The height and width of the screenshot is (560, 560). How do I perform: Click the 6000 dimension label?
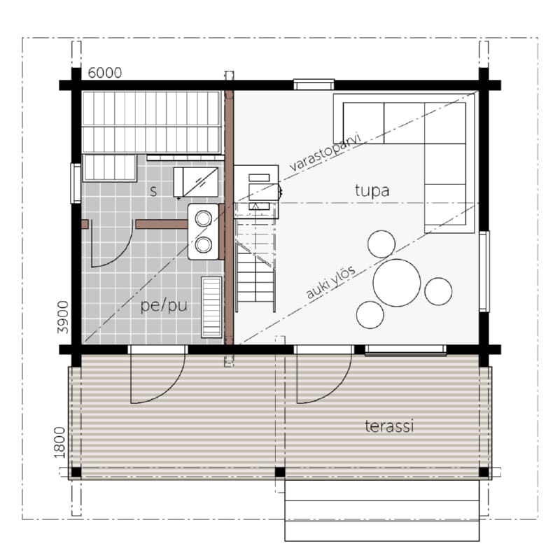point(104,73)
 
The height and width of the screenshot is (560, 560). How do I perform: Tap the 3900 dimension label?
point(63,317)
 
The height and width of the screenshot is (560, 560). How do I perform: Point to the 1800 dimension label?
point(59,442)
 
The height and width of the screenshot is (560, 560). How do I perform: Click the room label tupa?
point(372,190)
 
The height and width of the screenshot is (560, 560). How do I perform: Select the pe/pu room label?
point(164,306)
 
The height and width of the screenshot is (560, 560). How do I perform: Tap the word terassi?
point(389,426)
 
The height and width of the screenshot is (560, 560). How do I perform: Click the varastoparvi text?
point(325,153)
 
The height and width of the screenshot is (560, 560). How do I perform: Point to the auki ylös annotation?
point(330,282)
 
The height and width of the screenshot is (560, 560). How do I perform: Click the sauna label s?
point(153,191)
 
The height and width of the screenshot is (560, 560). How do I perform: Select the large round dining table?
point(396,283)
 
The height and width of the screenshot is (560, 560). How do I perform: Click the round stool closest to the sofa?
point(381,244)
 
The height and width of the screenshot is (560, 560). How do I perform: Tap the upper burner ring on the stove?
point(203,218)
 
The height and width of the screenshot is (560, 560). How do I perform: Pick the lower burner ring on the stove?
point(203,245)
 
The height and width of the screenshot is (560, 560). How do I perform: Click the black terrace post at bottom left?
point(76,472)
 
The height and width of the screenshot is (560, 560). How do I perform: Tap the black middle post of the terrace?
point(280,472)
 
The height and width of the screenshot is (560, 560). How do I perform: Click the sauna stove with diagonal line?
point(196,182)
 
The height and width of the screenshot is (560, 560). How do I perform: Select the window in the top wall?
point(314,85)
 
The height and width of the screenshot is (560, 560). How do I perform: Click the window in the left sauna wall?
point(76,183)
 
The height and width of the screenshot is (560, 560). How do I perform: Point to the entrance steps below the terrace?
point(381,511)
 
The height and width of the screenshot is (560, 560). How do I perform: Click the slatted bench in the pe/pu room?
point(212,307)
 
